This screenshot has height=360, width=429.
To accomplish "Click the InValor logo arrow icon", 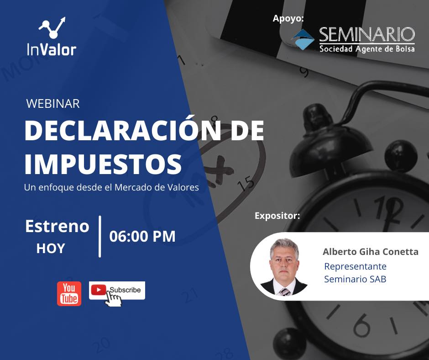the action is (x=52, y=27).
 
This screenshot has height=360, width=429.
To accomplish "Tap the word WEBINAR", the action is (x=53, y=104).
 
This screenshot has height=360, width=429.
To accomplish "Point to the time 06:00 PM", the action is (x=142, y=236).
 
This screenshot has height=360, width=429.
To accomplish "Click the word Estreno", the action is (x=57, y=226).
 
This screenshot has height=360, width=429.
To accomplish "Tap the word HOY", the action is (x=51, y=248).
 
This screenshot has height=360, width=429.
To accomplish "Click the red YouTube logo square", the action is (x=69, y=293).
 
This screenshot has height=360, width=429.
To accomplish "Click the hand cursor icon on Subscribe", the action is (x=113, y=299).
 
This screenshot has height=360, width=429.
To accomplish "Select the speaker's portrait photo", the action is (x=284, y=267).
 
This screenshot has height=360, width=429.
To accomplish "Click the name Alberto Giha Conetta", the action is (x=371, y=252).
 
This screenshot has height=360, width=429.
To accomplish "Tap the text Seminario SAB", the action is (x=355, y=279).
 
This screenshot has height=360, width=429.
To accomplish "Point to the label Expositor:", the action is (x=277, y=216).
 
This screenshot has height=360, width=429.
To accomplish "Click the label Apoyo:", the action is (x=288, y=18).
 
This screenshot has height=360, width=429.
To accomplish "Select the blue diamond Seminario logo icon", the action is (x=303, y=40).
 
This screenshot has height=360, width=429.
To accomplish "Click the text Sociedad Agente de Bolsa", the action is (x=367, y=49).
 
